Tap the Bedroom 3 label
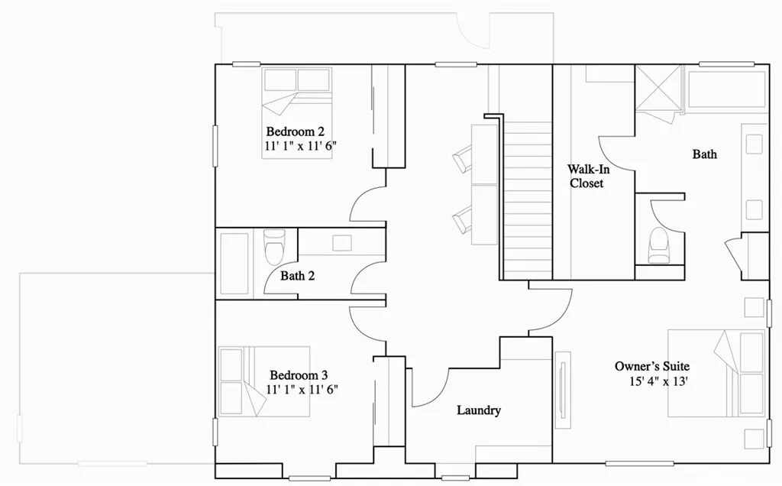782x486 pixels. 299,375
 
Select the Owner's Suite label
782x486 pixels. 651,366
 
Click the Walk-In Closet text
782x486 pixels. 586,176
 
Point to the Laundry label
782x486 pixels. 479,410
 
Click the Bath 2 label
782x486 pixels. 297,276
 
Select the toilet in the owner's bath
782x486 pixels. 658,247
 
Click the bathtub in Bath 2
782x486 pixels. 234,264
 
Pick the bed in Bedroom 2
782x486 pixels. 298,112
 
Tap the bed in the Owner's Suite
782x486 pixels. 716,373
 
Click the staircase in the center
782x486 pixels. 528,199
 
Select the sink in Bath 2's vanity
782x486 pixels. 341,243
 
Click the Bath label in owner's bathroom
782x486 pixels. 704,154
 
